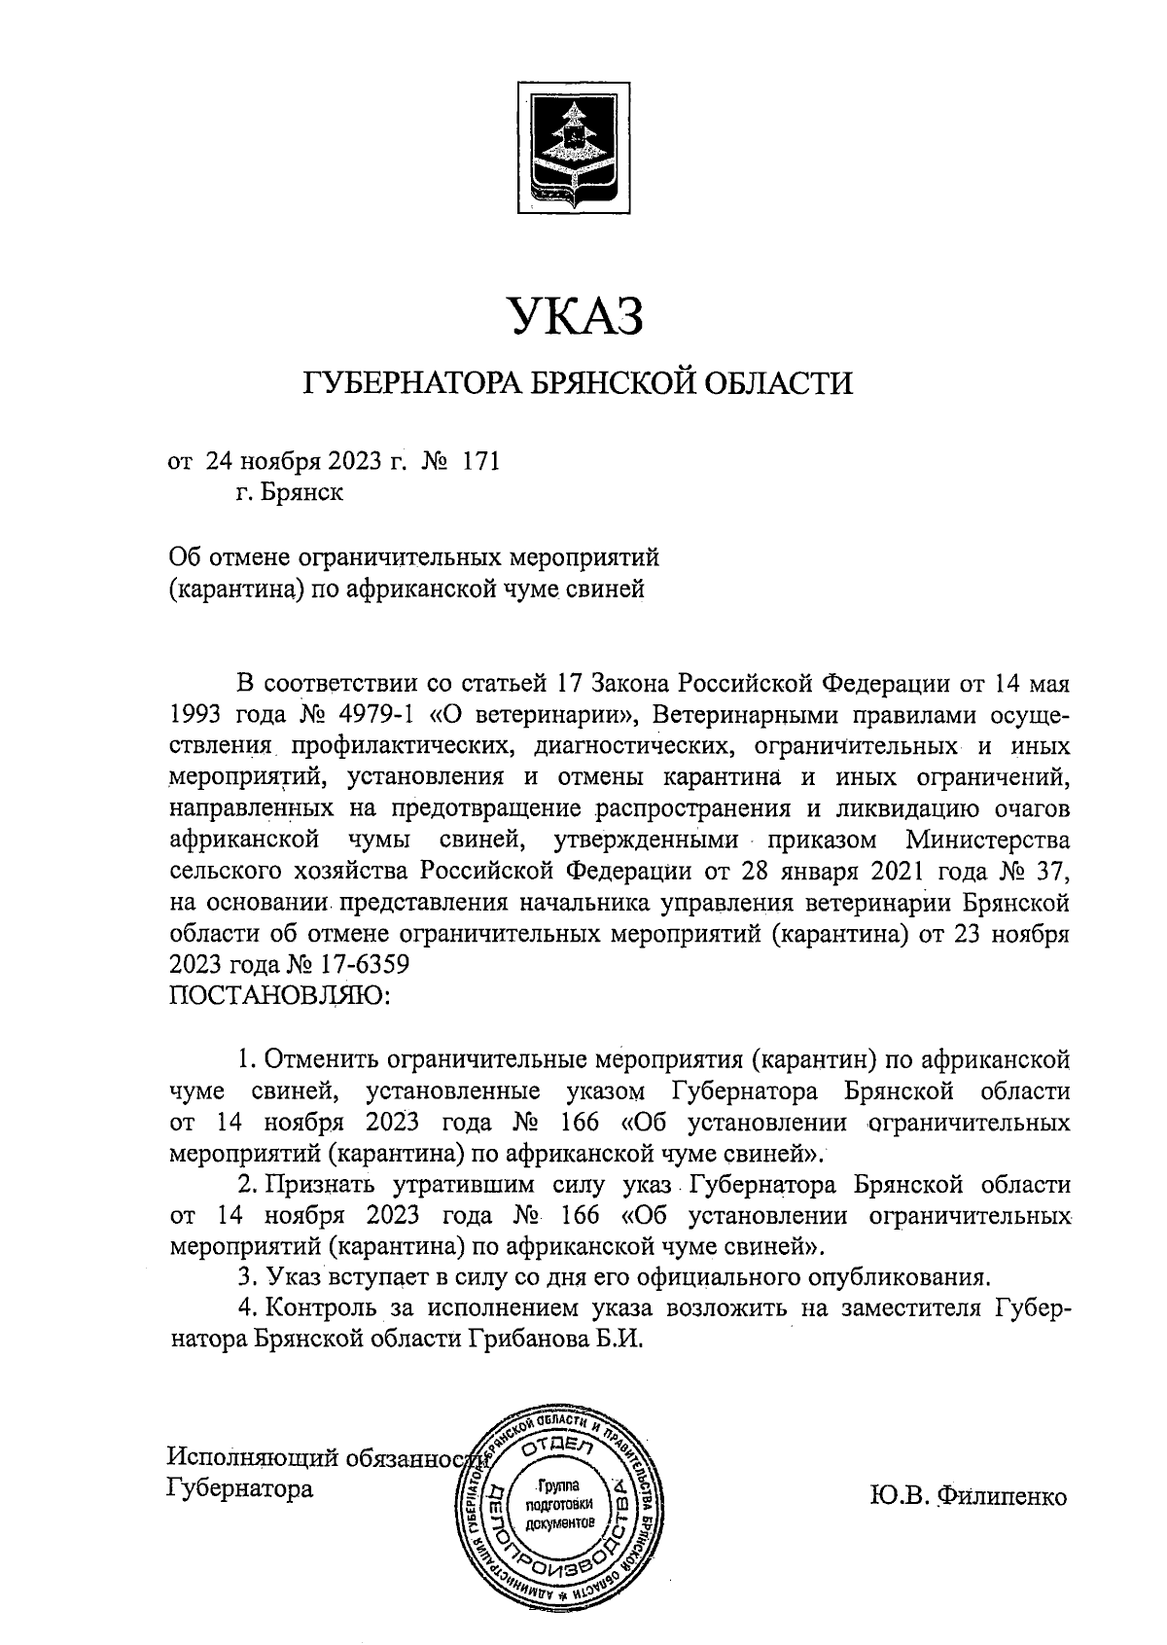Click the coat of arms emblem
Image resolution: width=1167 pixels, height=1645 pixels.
click(577, 149)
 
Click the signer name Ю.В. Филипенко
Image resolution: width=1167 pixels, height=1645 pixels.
click(968, 1495)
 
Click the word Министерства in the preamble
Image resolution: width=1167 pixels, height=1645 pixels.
click(986, 840)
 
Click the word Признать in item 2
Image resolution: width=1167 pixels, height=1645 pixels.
click(322, 1185)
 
